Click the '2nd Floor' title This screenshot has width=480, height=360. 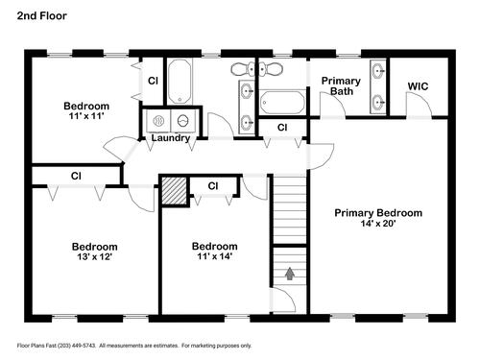coord(42,15)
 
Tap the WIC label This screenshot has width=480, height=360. coord(418,86)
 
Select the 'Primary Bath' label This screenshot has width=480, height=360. coord(341,85)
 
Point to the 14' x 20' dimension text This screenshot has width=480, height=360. coord(378,224)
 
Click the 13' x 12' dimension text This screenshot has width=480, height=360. coord(94,256)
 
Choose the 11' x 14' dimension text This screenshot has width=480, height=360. coord(214,256)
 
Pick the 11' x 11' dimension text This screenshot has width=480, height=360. coord(86,116)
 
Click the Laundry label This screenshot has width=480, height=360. coord(171,138)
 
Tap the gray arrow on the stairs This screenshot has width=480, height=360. coord(290,274)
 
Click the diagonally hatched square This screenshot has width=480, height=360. coord(174,190)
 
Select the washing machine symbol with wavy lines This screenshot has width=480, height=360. coord(158,121)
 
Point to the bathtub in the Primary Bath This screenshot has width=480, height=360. coord(282,102)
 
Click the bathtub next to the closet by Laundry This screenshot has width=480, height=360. coord(180,82)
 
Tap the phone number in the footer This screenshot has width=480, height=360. coord(77,346)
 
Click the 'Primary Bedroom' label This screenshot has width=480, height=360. coord(378,213)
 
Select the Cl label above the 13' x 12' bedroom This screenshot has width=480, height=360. coord(76,176)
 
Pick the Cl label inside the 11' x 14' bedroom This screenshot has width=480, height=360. coord(213,186)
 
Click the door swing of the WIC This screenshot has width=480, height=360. coord(424,97)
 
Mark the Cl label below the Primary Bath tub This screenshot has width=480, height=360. coord(282,128)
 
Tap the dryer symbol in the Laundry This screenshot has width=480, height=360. coord(183,121)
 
